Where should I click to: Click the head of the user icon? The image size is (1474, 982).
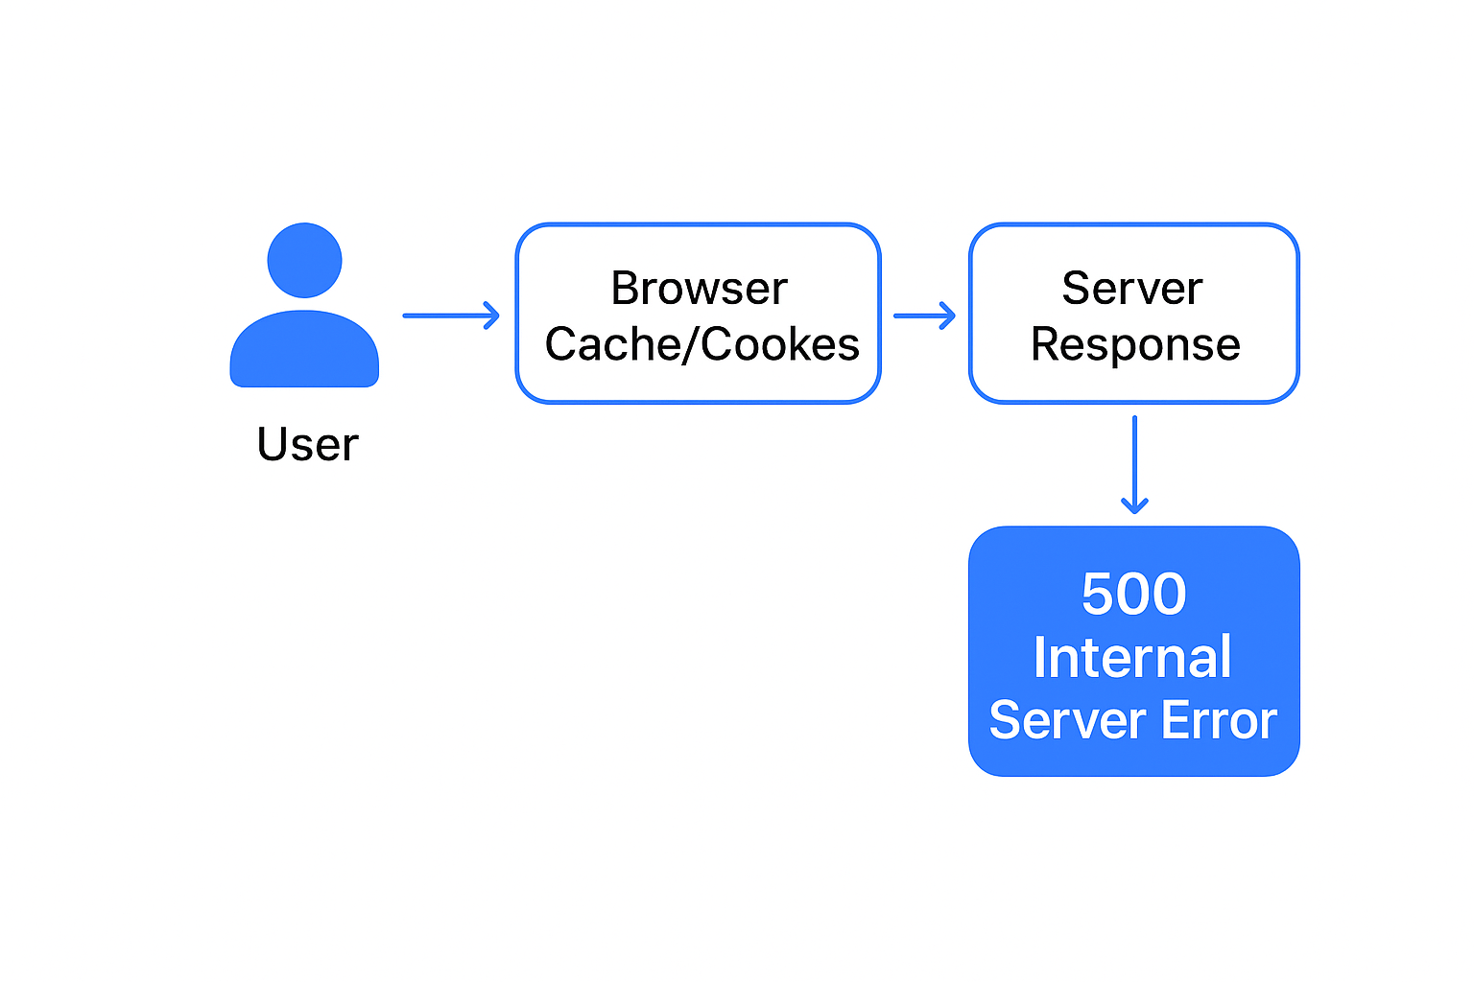pyautogui.click(x=304, y=261)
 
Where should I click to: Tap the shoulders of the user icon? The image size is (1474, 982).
pyautogui.click(x=304, y=351)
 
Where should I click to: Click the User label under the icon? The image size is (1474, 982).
pyautogui.click(x=307, y=445)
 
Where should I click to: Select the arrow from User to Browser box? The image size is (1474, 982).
pyautogui.click(x=450, y=315)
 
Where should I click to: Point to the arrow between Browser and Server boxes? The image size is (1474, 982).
pyautogui.click(x=924, y=315)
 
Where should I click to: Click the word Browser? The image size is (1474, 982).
pyautogui.click(x=699, y=289)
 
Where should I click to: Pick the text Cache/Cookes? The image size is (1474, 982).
pyautogui.click(x=701, y=345)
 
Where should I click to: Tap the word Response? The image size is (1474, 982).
pyautogui.click(x=1135, y=345)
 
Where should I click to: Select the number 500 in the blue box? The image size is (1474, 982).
pyautogui.click(x=1133, y=594)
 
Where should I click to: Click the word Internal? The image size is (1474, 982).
pyautogui.click(x=1132, y=658)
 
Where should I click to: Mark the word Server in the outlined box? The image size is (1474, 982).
pyautogui.click(x=1132, y=289)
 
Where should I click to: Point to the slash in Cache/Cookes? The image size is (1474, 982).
pyautogui.click(x=687, y=345)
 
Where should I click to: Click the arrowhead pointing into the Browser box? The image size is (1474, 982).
pyautogui.click(x=491, y=315)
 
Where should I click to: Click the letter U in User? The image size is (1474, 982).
pyautogui.click(x=273, y=445)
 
